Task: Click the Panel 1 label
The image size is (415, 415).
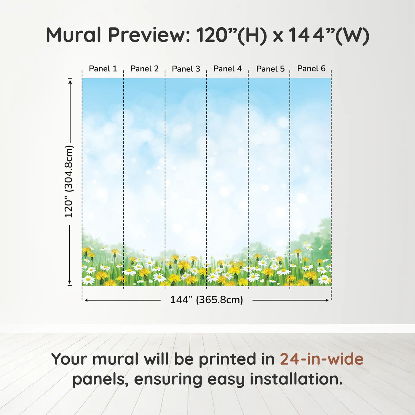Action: point(103,69)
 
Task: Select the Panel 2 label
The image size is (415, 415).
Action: point(144,69)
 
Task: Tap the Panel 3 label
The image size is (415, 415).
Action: point(186,69)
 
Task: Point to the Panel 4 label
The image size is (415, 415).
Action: point(227,69)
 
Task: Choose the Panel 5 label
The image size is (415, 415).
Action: point(271,69)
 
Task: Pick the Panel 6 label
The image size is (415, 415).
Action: point(312,68)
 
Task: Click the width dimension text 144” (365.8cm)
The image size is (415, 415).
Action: point(207,300)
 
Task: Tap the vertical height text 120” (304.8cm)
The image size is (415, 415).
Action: point(69,181)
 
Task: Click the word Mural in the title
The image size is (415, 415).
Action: point(74,35)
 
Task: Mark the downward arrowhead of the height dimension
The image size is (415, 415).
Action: point(70,282)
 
